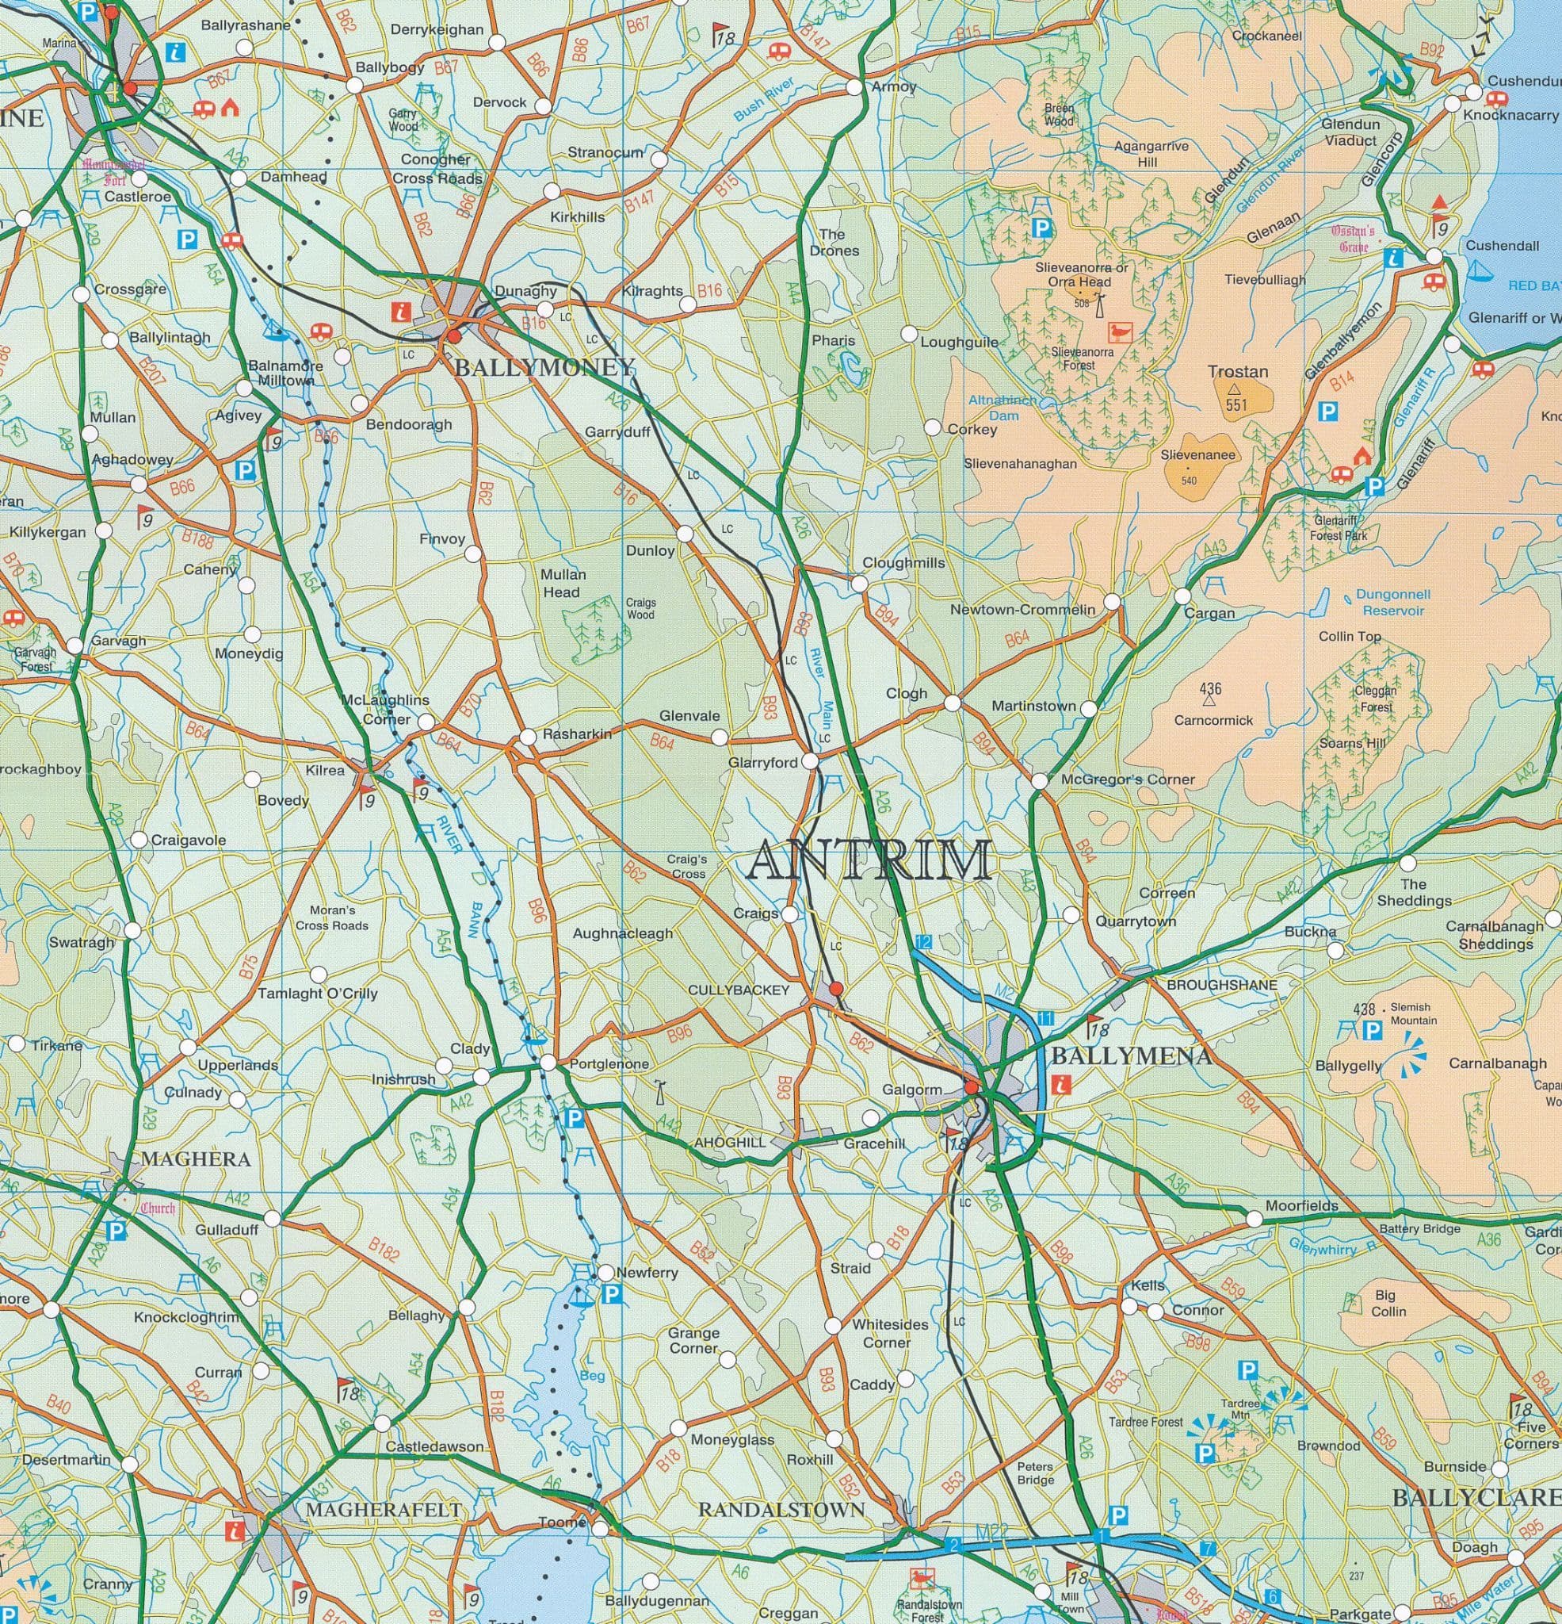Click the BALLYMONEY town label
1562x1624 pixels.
pos(544,367)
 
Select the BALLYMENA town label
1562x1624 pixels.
pos(1131,1055)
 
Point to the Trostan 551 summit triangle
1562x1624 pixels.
pos(1235,387)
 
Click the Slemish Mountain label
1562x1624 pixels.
pos(1411,1014)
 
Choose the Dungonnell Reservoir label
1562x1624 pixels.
pos(1392,603)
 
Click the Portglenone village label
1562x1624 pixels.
pos(609,1064)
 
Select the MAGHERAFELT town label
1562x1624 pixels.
pos(383,1510)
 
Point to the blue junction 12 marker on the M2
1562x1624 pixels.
pos(923,942)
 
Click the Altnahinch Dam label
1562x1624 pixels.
pos(1003,408)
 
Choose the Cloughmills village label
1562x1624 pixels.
pos(903,562)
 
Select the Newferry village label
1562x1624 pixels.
pos(647,1272)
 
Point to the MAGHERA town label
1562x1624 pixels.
pos(196,1159)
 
